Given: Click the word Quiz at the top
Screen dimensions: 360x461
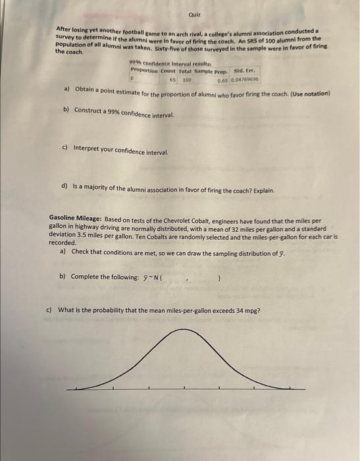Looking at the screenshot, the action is coord(193,14).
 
